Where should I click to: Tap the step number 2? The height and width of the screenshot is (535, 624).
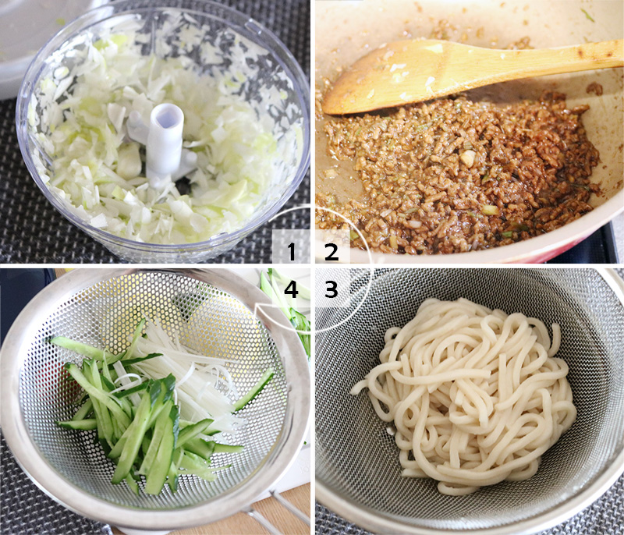331,251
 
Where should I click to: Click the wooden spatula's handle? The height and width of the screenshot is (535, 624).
546,55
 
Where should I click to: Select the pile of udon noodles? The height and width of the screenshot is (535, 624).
468,390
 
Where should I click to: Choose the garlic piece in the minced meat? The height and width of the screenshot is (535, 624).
467,158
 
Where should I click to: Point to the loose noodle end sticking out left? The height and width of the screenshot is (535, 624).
361,385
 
